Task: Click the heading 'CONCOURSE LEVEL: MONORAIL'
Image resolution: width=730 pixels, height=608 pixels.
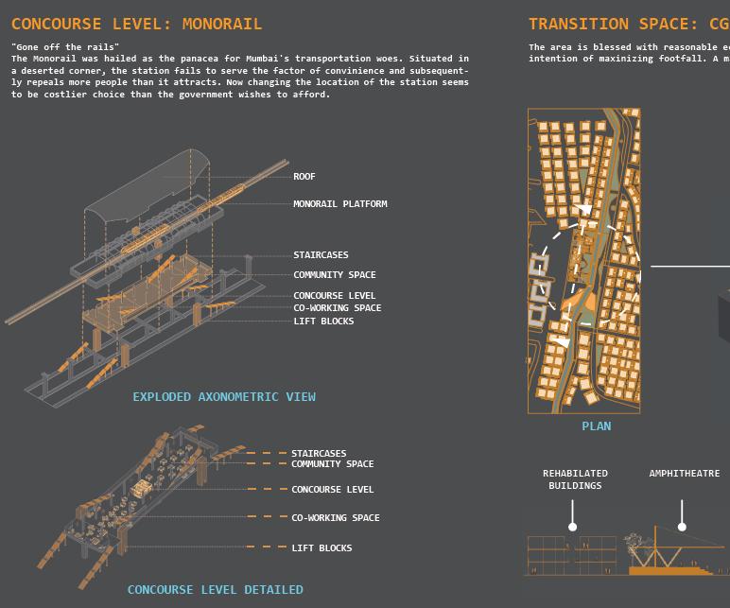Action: tap(137, 24)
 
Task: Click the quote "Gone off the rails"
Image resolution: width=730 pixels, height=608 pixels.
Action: tap(65, 47)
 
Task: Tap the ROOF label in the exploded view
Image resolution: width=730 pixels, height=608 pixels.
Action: tap(304, 177)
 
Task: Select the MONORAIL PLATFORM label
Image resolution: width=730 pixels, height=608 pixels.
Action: tap(339, 204)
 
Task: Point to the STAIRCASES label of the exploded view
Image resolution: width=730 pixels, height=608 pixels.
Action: tap(321, 255)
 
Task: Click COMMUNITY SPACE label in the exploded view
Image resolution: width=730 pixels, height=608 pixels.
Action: tap(334, 275)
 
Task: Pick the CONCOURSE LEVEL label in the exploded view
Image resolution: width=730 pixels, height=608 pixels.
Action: tap(334, 296)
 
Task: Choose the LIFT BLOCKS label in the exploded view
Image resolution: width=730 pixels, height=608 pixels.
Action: tap(323, 321)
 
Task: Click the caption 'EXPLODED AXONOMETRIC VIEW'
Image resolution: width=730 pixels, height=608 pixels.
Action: tap(224, 397)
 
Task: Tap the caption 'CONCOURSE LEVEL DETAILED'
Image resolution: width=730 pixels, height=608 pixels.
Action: tap(216, 590)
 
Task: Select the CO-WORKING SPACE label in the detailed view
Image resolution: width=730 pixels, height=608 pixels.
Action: tap(335, 518)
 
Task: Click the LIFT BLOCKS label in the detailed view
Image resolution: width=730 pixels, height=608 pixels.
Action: tap(322, 548)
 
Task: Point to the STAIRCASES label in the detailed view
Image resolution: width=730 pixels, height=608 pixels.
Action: tap(319, 454)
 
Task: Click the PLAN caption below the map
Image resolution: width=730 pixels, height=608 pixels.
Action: tap(596, 426)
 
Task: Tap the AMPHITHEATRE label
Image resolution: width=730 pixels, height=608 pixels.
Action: tap(684, 474)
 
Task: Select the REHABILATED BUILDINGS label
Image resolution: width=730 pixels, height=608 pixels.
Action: tap(575, 479)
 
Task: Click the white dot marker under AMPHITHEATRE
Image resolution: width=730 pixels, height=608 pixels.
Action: tap(682, 527)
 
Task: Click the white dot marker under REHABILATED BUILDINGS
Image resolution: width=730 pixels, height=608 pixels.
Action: tap(572, 527)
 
